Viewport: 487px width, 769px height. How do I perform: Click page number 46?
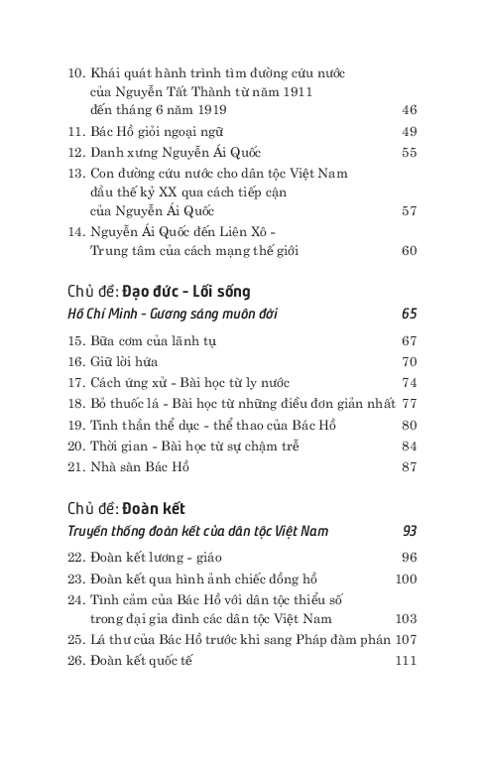tap(409, 110)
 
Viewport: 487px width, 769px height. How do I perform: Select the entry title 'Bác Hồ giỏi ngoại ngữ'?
tap(157, 131)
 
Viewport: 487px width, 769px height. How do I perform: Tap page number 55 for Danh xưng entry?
tap(409, 153)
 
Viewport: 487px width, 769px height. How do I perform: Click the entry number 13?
tap(76, 174)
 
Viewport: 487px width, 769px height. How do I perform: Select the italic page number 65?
tap(409, 315)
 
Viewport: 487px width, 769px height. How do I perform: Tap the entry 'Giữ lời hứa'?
tap(127, 361)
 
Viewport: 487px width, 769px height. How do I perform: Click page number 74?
tap(409, 382)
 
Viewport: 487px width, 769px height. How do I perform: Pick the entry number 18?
tap(76, 404)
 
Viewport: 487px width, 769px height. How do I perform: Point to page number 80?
tap(409, 425)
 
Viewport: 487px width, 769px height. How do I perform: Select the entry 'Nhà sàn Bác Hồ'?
tap(139, 466)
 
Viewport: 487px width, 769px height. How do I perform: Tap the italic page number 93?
tap(409, 531)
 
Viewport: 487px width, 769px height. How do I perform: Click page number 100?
tap(406, 578)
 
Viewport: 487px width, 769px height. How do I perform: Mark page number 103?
tap(406, 618)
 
